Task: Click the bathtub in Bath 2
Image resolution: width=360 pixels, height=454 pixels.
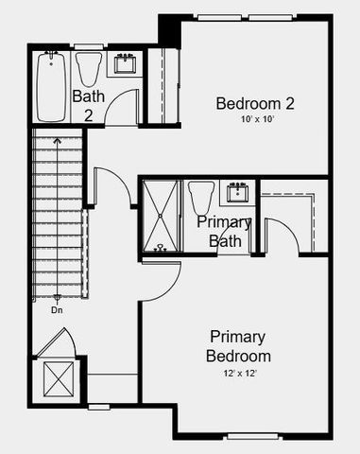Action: (50, 86)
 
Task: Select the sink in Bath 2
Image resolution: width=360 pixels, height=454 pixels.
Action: (125, 64)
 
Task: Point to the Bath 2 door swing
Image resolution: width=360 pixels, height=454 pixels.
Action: (121, 110)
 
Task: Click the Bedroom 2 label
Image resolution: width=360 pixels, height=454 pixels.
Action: (255, 103)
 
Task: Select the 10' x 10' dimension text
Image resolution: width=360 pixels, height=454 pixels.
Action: (255, 120)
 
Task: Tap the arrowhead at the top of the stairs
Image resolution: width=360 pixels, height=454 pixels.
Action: (58, 140)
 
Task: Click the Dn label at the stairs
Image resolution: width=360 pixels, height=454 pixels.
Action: (58, 308)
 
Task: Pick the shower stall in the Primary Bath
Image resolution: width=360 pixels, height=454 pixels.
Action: (160, 217)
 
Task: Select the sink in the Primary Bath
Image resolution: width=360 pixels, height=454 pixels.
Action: (237, 193)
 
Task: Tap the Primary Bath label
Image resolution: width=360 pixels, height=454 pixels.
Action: (225, 232)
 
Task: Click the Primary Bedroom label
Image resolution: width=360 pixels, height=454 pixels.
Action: (238, 346)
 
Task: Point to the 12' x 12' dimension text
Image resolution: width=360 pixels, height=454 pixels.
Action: (238, 374)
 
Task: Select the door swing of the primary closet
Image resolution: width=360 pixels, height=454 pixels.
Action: (283, 236)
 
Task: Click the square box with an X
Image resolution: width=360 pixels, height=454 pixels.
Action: (58, 380)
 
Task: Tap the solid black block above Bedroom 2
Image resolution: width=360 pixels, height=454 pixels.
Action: (168, 28)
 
